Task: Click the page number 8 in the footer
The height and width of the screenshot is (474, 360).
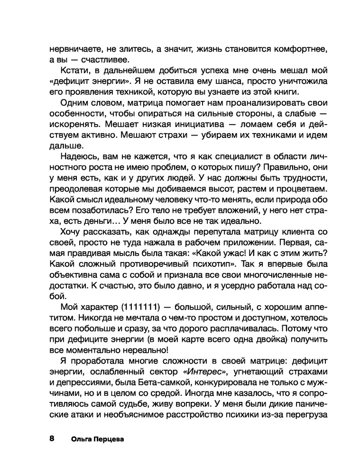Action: tap(52, 438)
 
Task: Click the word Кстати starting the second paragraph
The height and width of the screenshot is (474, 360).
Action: tap(73, 71)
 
